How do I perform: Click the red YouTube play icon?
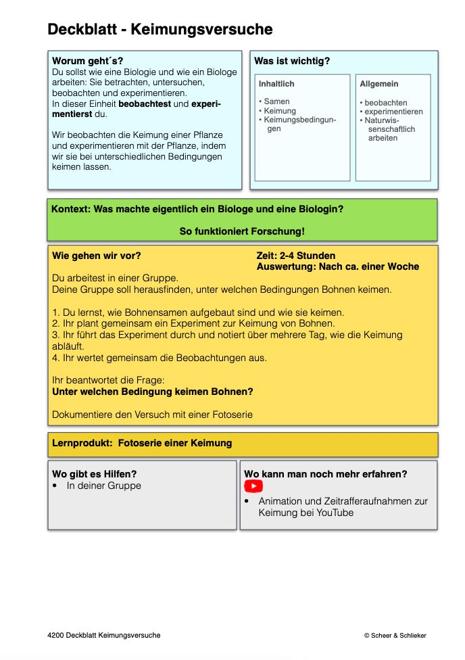253,486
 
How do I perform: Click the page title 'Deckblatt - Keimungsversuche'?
160,30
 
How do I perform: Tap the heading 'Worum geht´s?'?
88,61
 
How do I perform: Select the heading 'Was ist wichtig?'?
292,61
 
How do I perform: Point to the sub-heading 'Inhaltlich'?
276,84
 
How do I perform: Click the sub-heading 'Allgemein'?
378,84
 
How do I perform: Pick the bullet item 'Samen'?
276,101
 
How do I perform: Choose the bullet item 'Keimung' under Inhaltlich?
280,111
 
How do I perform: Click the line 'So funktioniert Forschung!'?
242,231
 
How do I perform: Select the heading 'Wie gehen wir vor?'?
97,256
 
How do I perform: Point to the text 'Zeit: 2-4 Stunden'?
296,256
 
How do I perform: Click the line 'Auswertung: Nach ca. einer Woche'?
338,266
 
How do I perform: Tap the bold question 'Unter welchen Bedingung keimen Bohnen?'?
153,392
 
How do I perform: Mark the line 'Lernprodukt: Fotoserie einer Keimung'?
142,444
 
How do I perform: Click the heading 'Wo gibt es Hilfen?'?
99,474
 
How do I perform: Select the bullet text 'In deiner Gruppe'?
104,486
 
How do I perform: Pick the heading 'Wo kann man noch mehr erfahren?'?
326,474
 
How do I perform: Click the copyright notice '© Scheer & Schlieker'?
395,636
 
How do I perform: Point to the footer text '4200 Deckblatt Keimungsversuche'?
104,636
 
